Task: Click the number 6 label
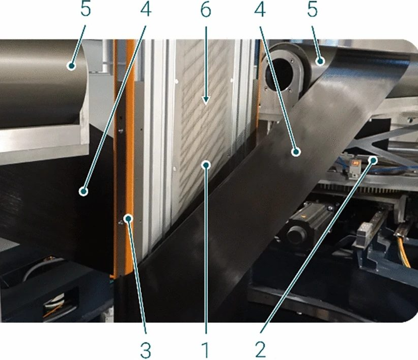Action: [206, 10]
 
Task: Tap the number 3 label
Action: [146, 350]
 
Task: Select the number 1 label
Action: [205, 350]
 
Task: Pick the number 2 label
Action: [261, 350]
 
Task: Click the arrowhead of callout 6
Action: [206, 100]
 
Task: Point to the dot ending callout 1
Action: [206, 165]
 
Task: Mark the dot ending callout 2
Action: [374, 160]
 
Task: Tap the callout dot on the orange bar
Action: [129, 218]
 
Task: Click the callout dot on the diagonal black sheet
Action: [296, 152]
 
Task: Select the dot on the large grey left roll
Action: [71, 65]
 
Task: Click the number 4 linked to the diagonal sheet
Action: [260, 10]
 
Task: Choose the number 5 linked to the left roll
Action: [86, 10]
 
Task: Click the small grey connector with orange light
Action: [353, 168]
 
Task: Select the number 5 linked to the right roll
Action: [313, 10]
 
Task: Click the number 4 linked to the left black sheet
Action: [146, 10]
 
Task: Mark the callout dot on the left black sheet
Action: [83, 191]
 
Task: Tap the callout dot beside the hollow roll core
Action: [320, 62]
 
